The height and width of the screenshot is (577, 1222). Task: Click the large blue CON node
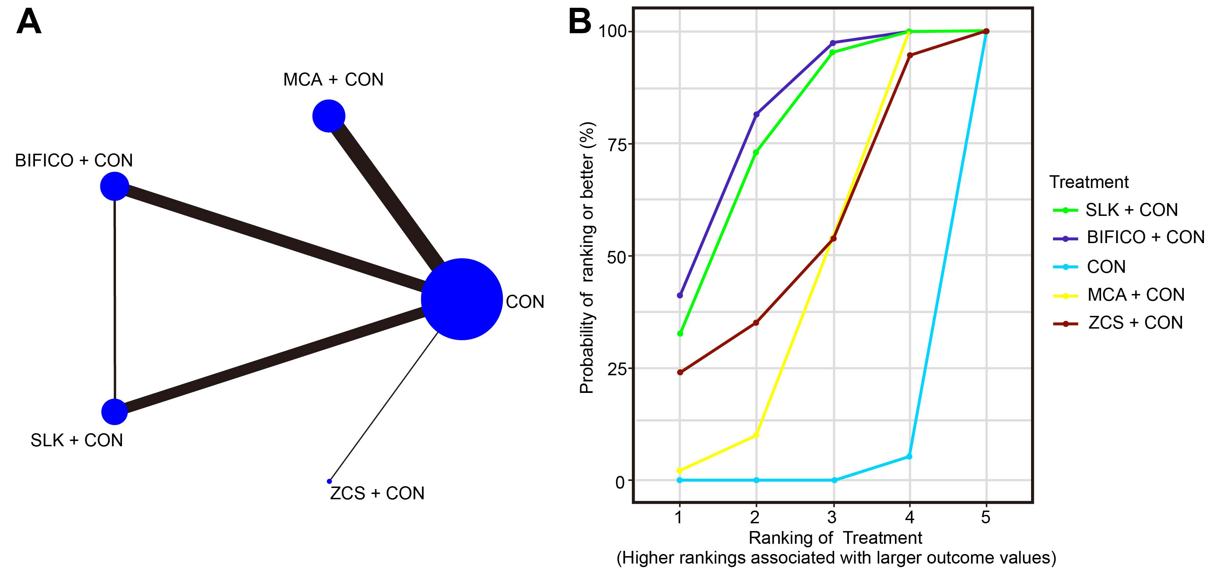[461, 299]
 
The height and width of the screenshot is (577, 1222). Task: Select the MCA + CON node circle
[328, 116]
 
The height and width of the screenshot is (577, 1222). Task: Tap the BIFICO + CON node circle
[114, 186]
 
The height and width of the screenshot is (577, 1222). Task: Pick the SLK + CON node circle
[114, 412]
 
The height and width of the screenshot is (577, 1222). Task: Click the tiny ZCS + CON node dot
[329, 481]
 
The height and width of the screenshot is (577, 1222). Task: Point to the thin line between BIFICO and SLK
[114, 299]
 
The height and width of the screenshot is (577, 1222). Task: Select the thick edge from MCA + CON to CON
[386, 194]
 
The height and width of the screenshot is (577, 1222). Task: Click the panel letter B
[579, 22]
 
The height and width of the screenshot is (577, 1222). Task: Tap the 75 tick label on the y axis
[617, 144]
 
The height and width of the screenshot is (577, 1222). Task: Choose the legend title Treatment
[1089, 182]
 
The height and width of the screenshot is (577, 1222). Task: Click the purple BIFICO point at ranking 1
[680, 295]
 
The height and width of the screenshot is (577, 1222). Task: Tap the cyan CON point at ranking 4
[909, 457]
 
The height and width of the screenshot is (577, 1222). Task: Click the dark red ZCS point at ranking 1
[680, 372]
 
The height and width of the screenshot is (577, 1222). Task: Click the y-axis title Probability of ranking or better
[587, 258]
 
